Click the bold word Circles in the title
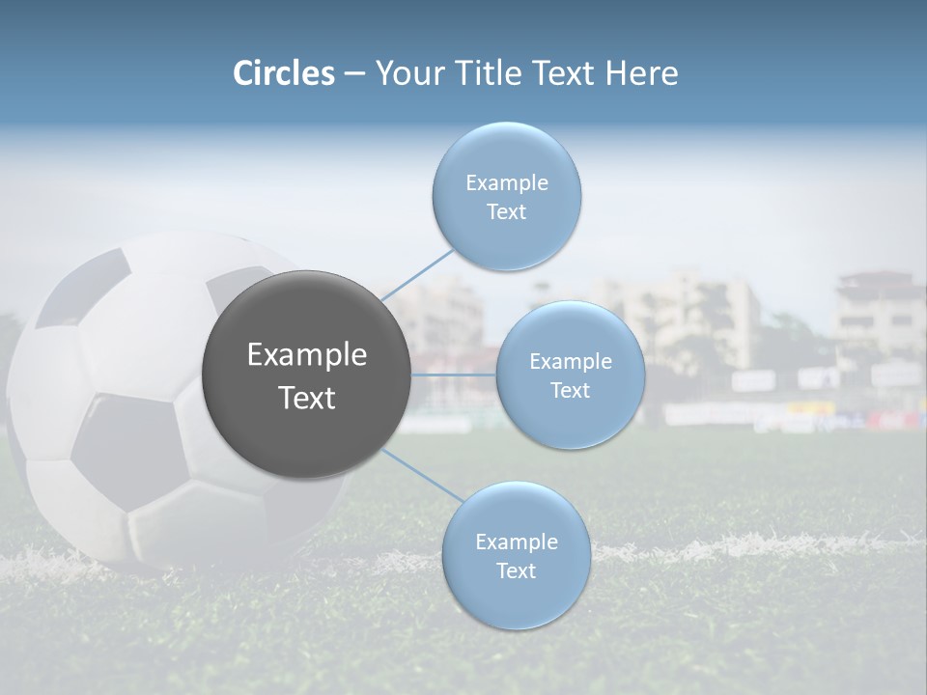tap(284, 73)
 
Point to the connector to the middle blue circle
tap(454, 375)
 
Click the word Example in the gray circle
tap(307, 355)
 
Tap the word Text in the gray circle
tap(307, 398)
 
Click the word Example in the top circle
tap(506, 183)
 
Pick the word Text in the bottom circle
tap(516, 570)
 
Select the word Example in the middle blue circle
tap(570, 362)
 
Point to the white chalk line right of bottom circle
tap(734, 546)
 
